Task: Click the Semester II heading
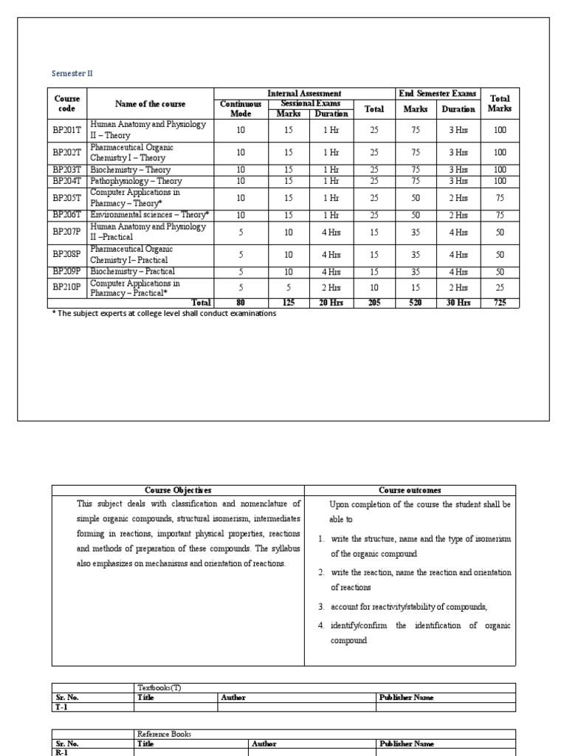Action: [x=72, y=74]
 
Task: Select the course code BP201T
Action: [x=67, y=130]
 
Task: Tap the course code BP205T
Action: [x=67, y=198]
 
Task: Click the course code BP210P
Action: [x=67, y=288]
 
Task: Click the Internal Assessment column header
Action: [x=303, y=94]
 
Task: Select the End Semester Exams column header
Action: [x=438, y=94]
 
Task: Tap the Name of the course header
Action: [x=151, y=104]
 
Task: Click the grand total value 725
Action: [x=500, y=303]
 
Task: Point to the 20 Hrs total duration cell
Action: [x=331, y=303]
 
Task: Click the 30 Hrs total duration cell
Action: [x=458, y=303]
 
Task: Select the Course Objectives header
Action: [x=177, y=490]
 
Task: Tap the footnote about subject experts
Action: [x=162, y=314]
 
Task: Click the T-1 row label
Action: [x=62, y=707]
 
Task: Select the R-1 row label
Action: [x=62, y=752]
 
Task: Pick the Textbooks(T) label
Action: [x=159, y=687]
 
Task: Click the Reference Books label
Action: [x=164, y=734]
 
